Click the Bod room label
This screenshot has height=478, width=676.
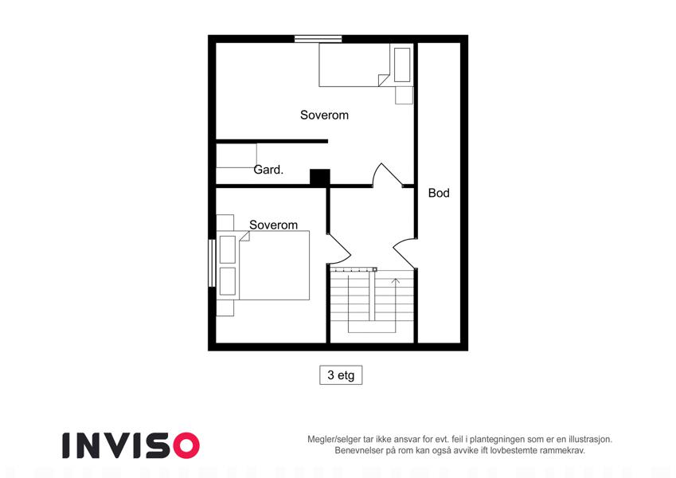439,193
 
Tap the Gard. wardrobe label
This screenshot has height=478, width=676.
268,170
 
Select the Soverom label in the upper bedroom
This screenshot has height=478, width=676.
324,115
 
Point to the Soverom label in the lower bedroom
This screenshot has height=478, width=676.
273,225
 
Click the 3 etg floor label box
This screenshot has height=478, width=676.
341,375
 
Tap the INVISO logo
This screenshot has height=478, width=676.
131,445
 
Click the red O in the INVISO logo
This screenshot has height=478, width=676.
186,445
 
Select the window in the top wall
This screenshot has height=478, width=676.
318,39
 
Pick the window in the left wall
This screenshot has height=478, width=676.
212,263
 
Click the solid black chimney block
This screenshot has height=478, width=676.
320,178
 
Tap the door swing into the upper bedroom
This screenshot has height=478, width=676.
387,174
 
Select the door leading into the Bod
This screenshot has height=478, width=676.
404,253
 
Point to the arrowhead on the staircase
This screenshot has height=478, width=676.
396,281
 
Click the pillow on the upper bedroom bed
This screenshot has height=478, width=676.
402,65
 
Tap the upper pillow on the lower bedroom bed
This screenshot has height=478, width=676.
228,249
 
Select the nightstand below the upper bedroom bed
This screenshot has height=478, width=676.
404,96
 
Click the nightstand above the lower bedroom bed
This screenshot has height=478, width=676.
225,222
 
